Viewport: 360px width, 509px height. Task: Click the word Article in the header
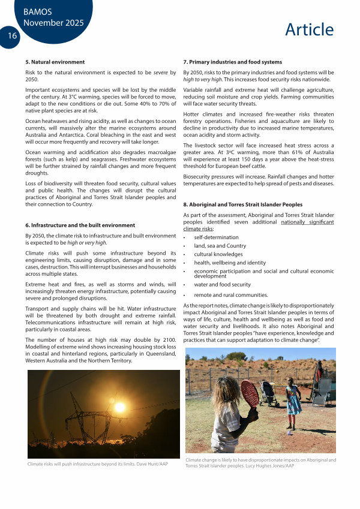[x=309, y=29]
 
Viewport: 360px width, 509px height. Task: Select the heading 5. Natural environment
[x=55, y=62]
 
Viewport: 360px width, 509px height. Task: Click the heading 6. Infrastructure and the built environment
[x=80, y=225]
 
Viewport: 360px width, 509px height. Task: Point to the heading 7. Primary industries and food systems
[x=232, y=62]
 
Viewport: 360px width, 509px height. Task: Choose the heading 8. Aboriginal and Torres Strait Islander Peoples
[x=242, y=204]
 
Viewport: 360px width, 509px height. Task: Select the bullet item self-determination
[x=217, y=237]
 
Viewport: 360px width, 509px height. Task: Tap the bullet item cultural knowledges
[x=219, y=254]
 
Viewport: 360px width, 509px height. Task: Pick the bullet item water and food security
[x=222, y=285]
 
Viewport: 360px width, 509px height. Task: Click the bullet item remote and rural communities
[x=230, y=295]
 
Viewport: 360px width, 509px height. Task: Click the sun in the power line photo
[x=120, y=407]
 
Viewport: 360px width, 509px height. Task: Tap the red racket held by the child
[x=250, y=393]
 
